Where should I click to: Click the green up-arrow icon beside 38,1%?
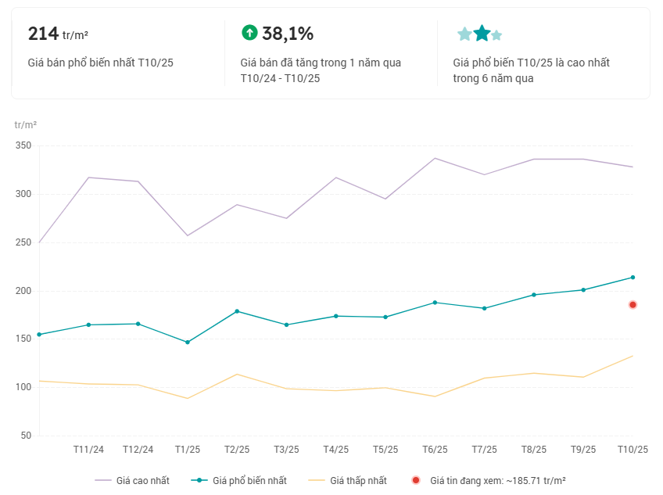coord(249,32)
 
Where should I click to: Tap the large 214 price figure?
coord(43,34)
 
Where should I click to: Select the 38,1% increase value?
coord(288,34)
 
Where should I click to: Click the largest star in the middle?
coord(482,34)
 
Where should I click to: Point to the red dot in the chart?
coord(633,304)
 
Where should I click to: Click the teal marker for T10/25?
coord(633,278)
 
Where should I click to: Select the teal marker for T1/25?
coord(188,343)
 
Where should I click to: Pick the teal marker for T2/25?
coord(237,311)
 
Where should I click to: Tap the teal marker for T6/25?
coord(435,303)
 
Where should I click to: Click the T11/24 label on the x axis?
coord(88,450)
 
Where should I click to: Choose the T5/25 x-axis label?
coord(385,450)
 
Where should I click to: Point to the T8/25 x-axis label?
coord(534,450)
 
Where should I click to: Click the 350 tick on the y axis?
coord(23,146)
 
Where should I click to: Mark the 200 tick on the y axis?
coord(23,291)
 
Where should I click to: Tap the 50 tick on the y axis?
coord(25,436)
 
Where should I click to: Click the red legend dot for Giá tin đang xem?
coord(416,480)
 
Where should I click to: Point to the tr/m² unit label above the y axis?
coord(26,125)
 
